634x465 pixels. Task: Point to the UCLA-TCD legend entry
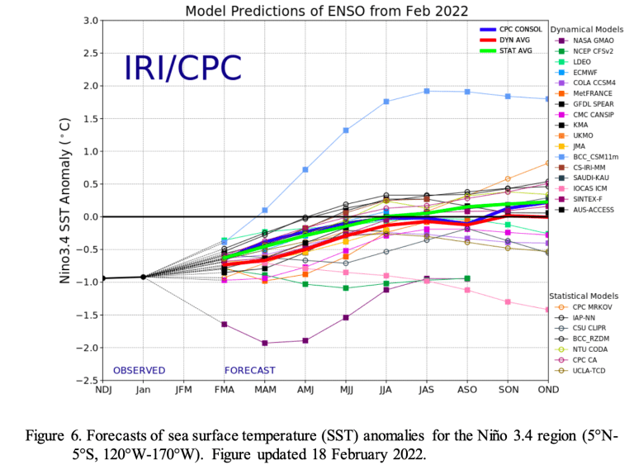[589, 371]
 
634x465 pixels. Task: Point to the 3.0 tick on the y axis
[91, 21]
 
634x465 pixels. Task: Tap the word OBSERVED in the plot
[140, 370]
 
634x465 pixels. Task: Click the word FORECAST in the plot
[249, 370]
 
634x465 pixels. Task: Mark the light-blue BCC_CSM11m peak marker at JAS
[427, 91]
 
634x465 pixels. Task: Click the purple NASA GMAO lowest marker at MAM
[265, 343]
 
